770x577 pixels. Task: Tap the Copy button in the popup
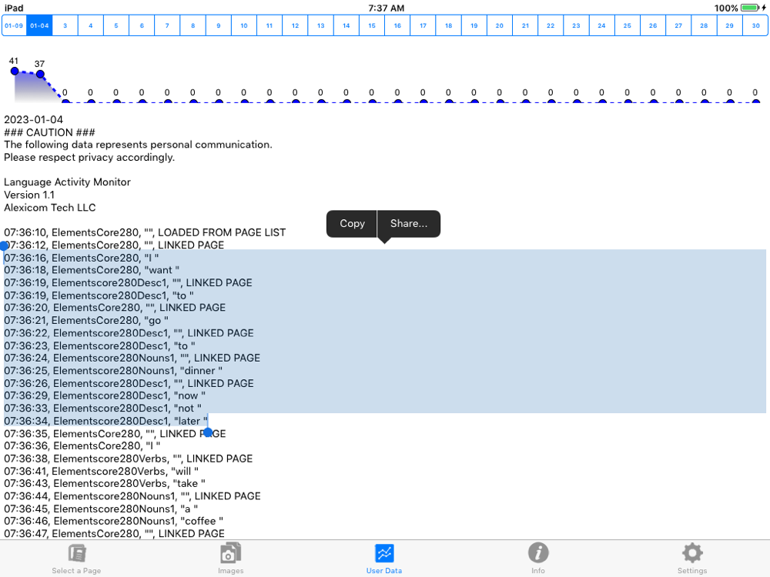click(x=352, y=224)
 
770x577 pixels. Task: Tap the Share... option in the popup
click(x=409, y=224)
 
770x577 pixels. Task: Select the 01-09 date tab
click(x=14, y=25)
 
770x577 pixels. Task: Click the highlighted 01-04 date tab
click(x=39, y=25)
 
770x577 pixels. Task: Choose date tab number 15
click(x=372, y=25)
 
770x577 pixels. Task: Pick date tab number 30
click(x=755, y=25)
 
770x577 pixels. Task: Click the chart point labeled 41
click(x=15, y=71)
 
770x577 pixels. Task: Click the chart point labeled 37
click(x=40, y=74)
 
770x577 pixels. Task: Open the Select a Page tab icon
click(x=76, y=553)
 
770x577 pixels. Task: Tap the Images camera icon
click(x=230, y=553)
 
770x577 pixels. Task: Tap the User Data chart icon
click(x=384, y=553)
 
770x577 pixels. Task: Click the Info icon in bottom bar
click(x=538, y=552)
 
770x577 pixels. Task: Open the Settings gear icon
click(x=692, y=553)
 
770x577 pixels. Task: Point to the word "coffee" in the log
click(x=200, y=521)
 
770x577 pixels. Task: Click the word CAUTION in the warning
click(x=49, y=132)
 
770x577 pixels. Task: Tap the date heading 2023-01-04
click(x=33, y=120)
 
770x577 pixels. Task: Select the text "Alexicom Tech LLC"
click(x=49, y=208)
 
